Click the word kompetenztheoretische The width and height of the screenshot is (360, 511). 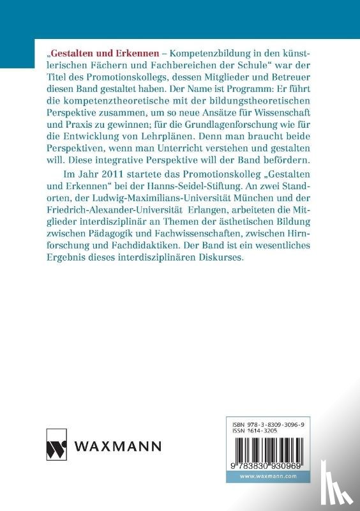pos(116,107)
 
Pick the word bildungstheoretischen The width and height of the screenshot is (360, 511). pos(255,107)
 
